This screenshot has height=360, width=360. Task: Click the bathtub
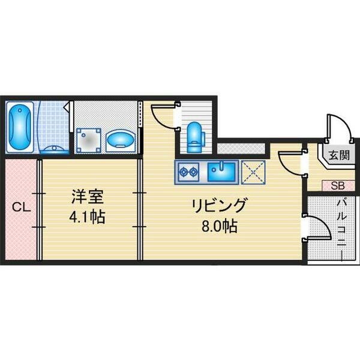[20, 127]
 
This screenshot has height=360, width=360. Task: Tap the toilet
[194, 137]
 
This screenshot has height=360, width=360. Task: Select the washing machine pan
[89, 140]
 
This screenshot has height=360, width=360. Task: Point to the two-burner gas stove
[189, 171]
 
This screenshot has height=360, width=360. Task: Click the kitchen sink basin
[221, 172]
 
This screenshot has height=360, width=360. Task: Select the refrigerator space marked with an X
[253, 172]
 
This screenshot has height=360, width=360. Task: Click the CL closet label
[22, 208]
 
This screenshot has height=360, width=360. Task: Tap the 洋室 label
[88, 197]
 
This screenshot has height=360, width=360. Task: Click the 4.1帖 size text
[88, 217]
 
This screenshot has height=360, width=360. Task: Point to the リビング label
[220, 205]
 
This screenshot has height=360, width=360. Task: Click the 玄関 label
[339, 155]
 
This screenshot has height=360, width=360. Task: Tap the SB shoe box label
[338, 186]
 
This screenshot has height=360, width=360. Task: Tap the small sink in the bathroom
[55, 149]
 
